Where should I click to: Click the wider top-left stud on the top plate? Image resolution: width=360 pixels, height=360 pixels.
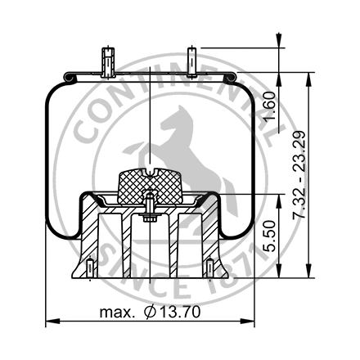[x=107, y=61]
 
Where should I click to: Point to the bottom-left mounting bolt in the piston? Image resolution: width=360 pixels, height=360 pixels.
[x=88, y=268]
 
